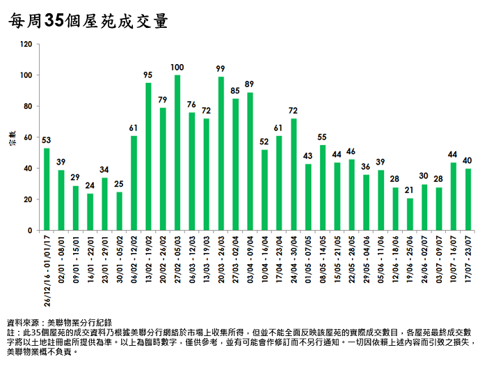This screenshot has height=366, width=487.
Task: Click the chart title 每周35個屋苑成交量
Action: coord(88,21)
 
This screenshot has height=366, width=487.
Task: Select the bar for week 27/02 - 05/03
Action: coord(177,153)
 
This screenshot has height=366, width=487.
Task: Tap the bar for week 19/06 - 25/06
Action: coord(410,214)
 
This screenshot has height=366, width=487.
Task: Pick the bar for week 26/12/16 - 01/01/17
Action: coord(47,189)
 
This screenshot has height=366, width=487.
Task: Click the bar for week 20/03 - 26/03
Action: coord(221,153)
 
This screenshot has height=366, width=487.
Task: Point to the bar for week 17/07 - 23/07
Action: coord(468,199)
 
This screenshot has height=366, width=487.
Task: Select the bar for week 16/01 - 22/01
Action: coord(90,211)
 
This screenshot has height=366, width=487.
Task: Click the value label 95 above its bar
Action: coord(148,75)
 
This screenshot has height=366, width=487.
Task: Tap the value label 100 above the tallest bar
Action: coord(177,67)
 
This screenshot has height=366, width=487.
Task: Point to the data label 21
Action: coord(410,190)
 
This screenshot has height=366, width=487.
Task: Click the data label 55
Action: coord(323,137)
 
